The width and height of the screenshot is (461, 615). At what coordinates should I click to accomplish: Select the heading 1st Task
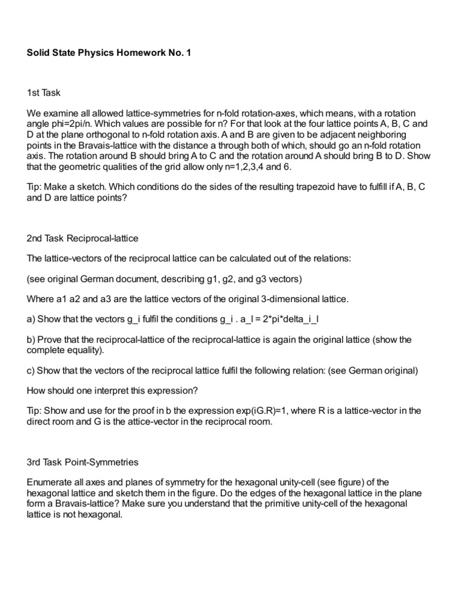44,93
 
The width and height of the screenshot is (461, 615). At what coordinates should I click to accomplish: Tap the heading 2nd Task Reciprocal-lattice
83,238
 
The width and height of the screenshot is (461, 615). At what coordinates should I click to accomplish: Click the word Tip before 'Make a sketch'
34,187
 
